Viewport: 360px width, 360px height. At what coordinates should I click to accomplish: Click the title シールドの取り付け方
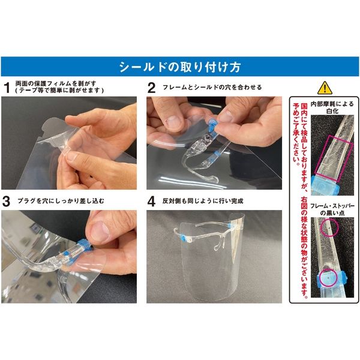179,65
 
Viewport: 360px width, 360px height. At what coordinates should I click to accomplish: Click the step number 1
7,87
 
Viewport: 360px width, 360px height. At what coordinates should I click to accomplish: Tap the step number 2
152,87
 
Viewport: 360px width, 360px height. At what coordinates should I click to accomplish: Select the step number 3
7,201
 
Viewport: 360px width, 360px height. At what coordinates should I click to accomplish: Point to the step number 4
152,201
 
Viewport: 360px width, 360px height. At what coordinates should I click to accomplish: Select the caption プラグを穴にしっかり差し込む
60,201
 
